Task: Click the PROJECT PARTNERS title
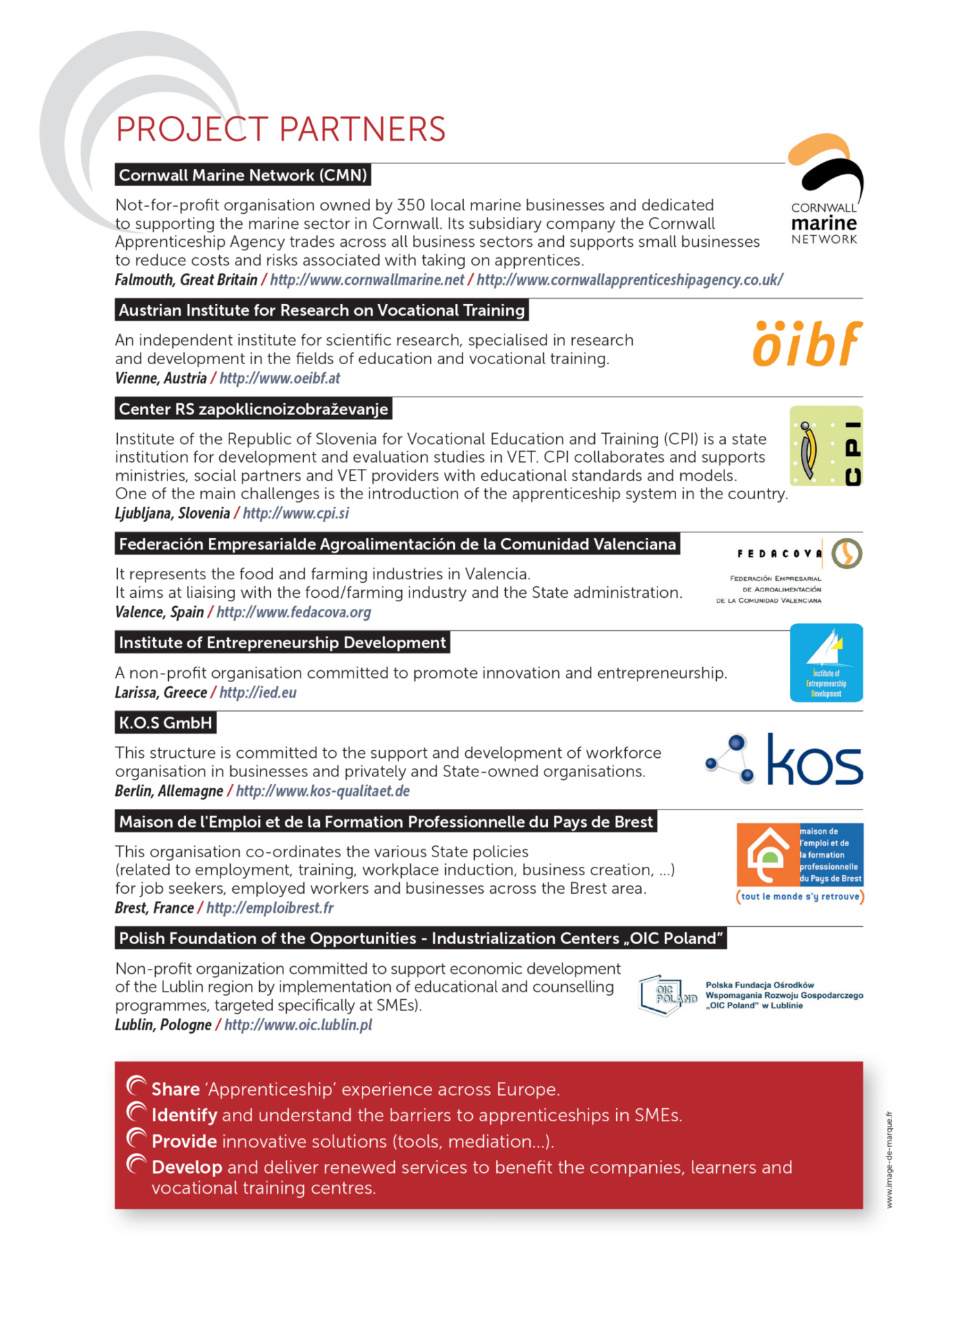pyautogui.click(x=281, y=130)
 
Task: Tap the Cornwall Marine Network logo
pyautogui.click(x=824, y=190)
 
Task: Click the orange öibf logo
pyautogui.click(x=806, y=343)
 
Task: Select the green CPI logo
pyautogui.click(x=826, y=446)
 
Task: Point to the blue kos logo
pyautogui.click(x=785, y=760)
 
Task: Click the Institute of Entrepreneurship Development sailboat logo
pyautogui.click(x=826, y=663)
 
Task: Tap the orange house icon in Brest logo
pyautogui.click(x=768, y=854)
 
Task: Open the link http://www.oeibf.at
pyautogui.click(x=279, y=379)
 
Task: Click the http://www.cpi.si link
pyautogui.click(x=296, y=514)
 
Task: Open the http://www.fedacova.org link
pyautogui.click(x=294, y=612)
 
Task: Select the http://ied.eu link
pyautogui.click(x=258, y=693)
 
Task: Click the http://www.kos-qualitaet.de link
pyautogui.click(x=323, y=792)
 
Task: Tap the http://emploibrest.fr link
pyautogui.click(x=269, y=908)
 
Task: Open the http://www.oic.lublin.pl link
pyautogui.click(x=298, y=1025)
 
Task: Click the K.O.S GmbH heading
pyautogui.click(x=165, y=723)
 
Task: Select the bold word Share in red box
pyautogui.click(x=176, y=1090)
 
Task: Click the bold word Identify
pyautogui.click(x=184, y=1116)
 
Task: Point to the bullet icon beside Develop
pyautogui.click(x=136, y=1165)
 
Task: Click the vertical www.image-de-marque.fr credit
pyautogui.click(x=889, y=1160)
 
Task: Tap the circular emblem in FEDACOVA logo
pyautogui.click(x=846, y=553)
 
